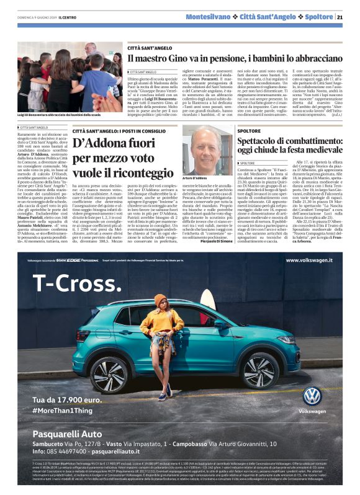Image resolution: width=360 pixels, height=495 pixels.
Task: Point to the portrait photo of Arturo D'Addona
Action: click(206, 149)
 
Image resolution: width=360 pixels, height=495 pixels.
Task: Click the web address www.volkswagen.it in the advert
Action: click(309, 260)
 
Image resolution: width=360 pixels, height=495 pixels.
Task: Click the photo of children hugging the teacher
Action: click(69, 77)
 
